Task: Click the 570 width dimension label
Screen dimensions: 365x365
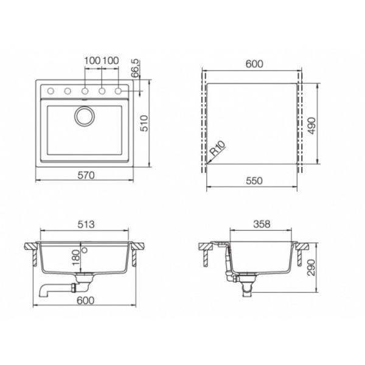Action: (86, 175)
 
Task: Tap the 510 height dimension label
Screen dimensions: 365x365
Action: (144, 123)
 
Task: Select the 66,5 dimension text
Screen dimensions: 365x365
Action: (135, 68)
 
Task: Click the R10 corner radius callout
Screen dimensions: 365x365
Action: (217, 148)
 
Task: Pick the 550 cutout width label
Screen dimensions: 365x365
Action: (254, 181)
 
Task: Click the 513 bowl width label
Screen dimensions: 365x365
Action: (86, 224)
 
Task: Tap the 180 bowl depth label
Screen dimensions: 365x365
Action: (75, 258)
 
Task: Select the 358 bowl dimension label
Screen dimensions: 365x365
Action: (262, 224)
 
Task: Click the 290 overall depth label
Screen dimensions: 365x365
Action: (311, 267)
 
